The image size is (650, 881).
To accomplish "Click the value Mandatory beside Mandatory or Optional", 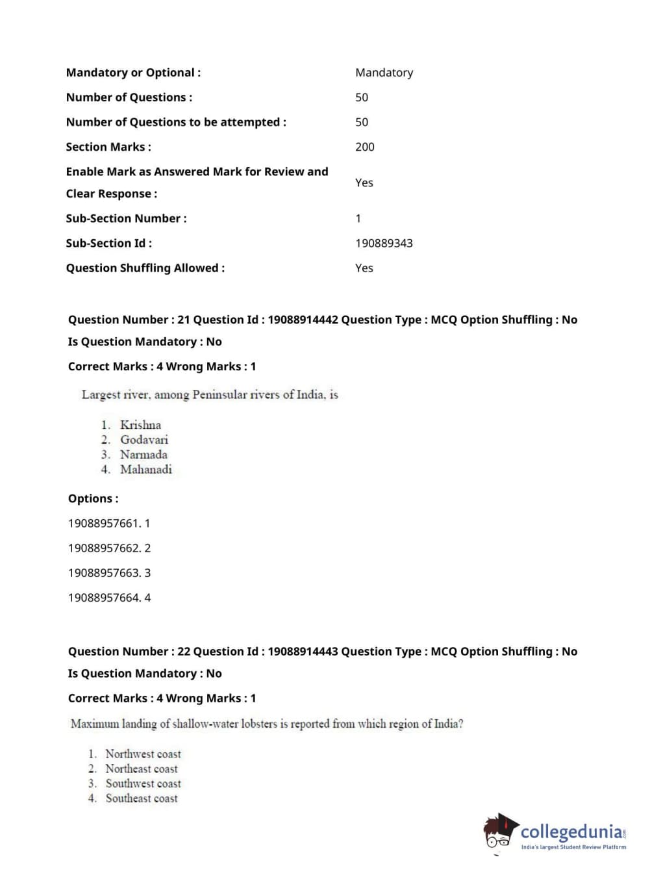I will pos(384,73).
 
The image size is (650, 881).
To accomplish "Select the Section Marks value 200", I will pos(364,147).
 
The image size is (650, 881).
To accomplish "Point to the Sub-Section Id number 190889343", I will pos(384,243).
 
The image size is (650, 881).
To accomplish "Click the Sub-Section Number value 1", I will pos(358,218).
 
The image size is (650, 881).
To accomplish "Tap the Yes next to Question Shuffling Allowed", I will pos(364,268).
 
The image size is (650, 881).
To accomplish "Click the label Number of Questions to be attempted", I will pos(175,122).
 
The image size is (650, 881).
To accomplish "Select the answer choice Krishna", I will pos(140,425).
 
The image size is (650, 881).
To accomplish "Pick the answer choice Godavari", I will pos(144,440).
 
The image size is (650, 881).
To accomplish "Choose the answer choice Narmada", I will pos(144,455).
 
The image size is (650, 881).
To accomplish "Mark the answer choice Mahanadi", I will pos(146,470).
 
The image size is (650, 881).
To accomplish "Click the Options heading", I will pos(93,499).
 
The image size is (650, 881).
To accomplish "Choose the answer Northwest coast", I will pos(143,754).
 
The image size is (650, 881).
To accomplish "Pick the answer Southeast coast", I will pos(142,798).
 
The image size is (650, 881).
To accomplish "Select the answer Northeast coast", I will pos(142,769).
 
